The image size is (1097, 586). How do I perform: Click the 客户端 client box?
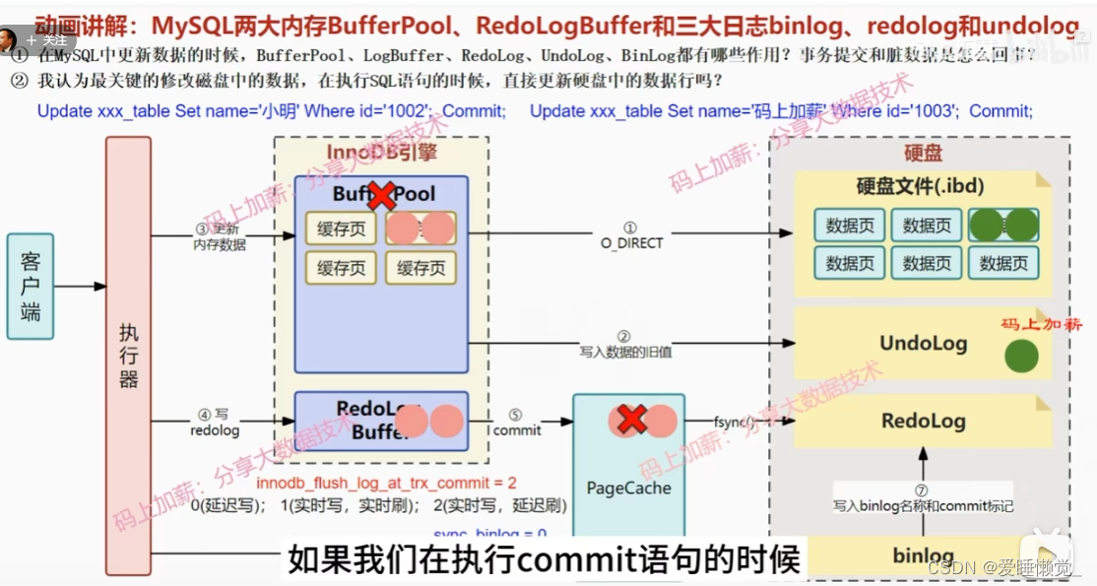(x=31, y=287)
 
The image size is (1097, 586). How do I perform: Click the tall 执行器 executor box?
(x=128, y=355)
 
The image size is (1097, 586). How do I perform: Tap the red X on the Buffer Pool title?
(x=380, y=194)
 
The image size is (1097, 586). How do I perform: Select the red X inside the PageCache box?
(x=630, y=420)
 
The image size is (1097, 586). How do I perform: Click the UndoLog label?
(x=923, y=344)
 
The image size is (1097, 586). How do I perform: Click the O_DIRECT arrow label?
(x=631, y=242)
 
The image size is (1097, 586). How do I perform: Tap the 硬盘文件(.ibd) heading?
(x=920, y=186)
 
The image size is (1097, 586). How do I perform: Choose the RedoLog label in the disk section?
(x=923, y=421)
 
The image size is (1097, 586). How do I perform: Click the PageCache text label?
(x=628, y=488)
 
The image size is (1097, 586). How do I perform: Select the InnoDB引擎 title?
(x=381, y=153)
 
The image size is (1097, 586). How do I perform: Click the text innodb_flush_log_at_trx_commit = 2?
(x=386, y=484)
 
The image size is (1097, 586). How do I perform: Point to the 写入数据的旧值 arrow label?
(x=625, y=351)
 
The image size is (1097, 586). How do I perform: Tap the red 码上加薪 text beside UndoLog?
(x=1041, y=324)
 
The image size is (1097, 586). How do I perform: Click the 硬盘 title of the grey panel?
(x=923, y=153)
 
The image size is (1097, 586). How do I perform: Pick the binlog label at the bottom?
(x=923, y=555)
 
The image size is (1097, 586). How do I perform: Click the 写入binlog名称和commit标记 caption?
(x=923, y=506)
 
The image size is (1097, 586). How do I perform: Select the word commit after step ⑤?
(x=518, y=430)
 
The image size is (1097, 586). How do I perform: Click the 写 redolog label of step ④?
(x=215, y=423)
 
